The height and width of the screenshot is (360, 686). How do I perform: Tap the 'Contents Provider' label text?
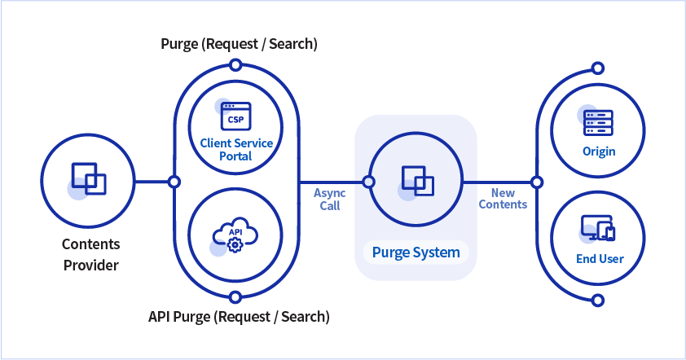(x=90, y=255)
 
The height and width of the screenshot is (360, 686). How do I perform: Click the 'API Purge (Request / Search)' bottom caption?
(x=239, y=315)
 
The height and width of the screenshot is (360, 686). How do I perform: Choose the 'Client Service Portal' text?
(x=236, y=149)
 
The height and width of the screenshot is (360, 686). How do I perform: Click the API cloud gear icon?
(x=235, y=235)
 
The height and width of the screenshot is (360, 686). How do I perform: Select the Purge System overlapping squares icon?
(x=416, y=181)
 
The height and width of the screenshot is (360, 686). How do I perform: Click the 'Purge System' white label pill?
(x=416, y=252)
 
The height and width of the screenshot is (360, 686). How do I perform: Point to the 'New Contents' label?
(x=503, y=199)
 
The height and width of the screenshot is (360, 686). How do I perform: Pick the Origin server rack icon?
(x=599, y=122)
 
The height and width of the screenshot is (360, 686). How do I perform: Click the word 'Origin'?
(x=599, y=151)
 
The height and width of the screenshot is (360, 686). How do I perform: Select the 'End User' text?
(x=599, y=259)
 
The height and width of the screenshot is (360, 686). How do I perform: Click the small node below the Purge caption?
(x=235, y=64)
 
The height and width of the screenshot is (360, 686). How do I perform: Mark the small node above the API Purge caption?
(x=235, y=295)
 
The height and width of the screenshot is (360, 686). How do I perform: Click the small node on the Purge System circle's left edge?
(x=368, y=181)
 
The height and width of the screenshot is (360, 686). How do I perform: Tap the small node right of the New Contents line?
(x=536, y=181)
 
